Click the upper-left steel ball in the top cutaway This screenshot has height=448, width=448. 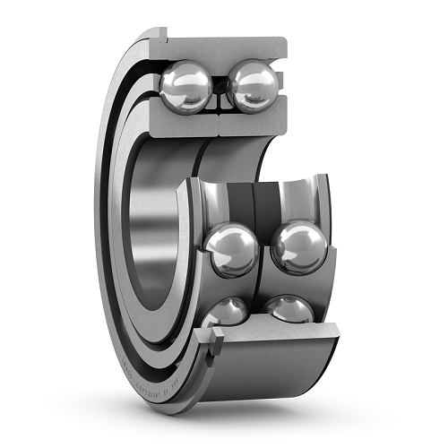pyautogui.click(x=186, y=86)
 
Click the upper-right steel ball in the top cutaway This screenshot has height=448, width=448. pyautogui.click(x=254, y=88)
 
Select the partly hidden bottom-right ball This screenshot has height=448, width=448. pyautogui.click(x=291, y=309)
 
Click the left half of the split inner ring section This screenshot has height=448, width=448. pyautogui.click(x=179, y=125)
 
